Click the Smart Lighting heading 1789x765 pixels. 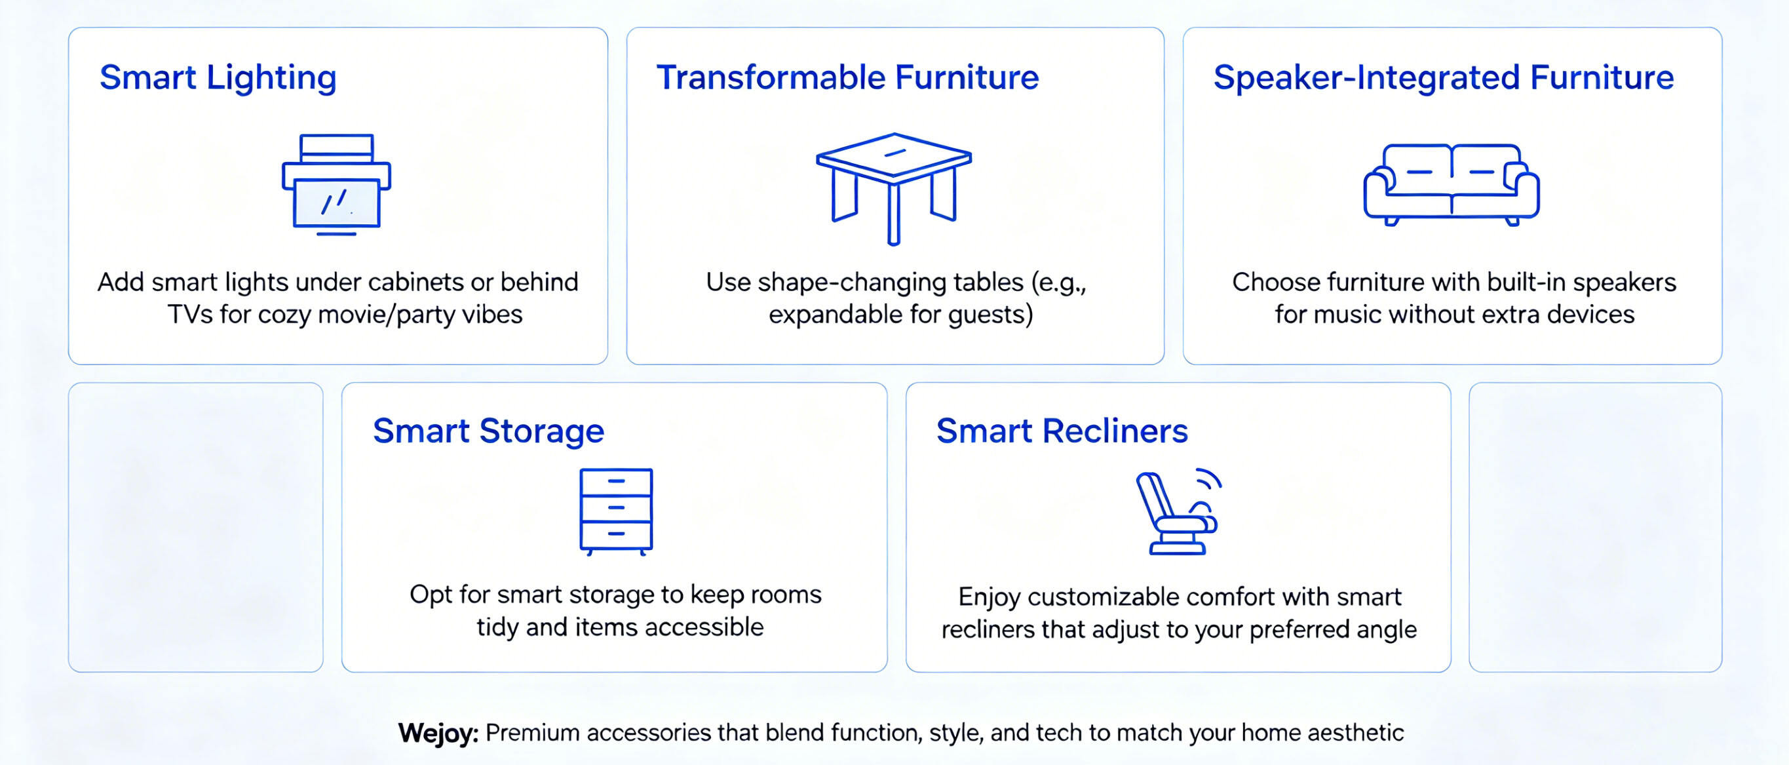click(x=218, y=78)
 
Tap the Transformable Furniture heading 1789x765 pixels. click(x=848, y=77)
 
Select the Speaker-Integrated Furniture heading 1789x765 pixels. click(x=1444, y=78)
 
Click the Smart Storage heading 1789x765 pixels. click(x=488, y=431)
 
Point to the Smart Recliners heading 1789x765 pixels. click(x=1062, y=431)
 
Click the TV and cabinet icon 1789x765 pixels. click(x=336, y=185)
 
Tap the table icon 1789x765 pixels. click(x=894, y=188)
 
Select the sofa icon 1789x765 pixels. click(x=1452, y=185)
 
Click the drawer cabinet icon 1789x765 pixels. click(x=616, y=512)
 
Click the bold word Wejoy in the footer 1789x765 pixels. click(x=438, y=733)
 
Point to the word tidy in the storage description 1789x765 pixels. click(x=497, y=627)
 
